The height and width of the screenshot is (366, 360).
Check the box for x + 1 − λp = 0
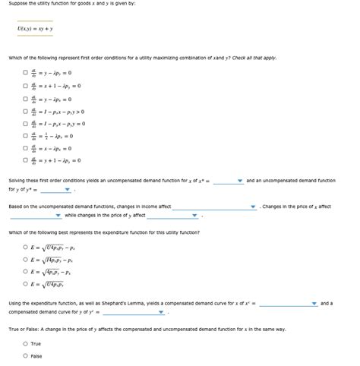pyautogui.click(x=25, y=86)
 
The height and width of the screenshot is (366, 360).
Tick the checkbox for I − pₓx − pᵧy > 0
pyautogui.click(x=25, y=111)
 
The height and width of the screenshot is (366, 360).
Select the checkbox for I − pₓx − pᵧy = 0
pyautogui.click(x=25, y=123)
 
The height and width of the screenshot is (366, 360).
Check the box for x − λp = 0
pyautogui.click(x=25, y=148)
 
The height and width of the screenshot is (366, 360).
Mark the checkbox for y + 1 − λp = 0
pyautogui.click(x=25, y=160)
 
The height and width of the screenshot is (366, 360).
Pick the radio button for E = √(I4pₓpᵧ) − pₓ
pyautogui.click(x=25, y=259)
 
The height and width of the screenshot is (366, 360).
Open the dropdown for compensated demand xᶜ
pyautogui.click(x=288, y=304)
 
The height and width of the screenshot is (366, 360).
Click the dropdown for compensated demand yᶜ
pyautogui.click(x=134, y=312)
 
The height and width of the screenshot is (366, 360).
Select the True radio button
pyautogui.click(x=25, y=344)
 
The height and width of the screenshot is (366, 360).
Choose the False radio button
pyautogui.click(x=25, y=355)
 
